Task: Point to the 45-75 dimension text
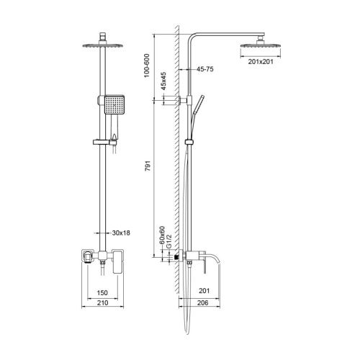pos(207,70)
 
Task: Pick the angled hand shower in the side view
pos(199,107)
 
